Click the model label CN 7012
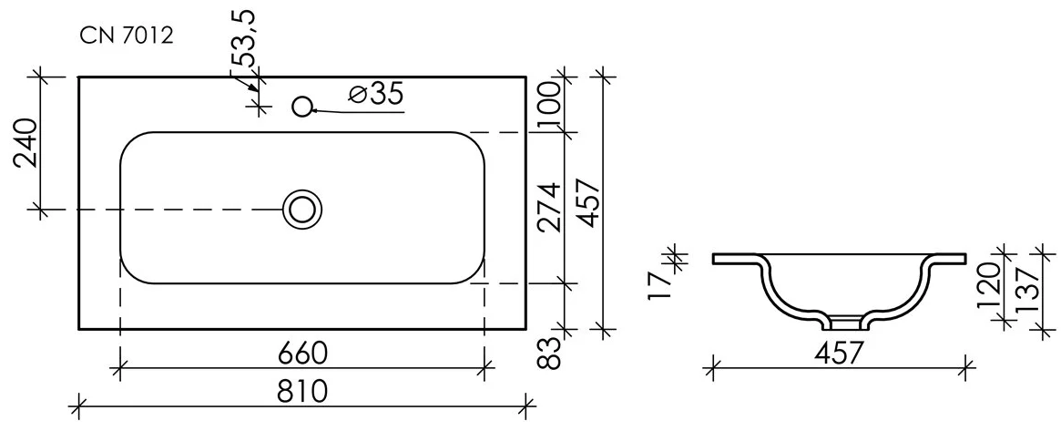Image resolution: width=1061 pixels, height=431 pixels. pyautogui.click(x=127, y=36)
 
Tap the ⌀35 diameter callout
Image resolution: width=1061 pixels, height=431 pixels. pyautogui.click(x=376, y=94)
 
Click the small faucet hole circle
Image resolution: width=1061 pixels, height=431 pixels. pyautogui.click(x=302, y=107)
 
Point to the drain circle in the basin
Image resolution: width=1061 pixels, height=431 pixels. pyautogui.click(x=302, y=209)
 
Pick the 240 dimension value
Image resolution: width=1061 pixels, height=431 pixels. pyautogui.click(x=26, y=143)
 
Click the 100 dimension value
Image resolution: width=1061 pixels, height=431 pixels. pyautogui.click(x=551, y=104)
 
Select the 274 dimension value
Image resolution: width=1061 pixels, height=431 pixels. pyautogui.click(x=551, y=207)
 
